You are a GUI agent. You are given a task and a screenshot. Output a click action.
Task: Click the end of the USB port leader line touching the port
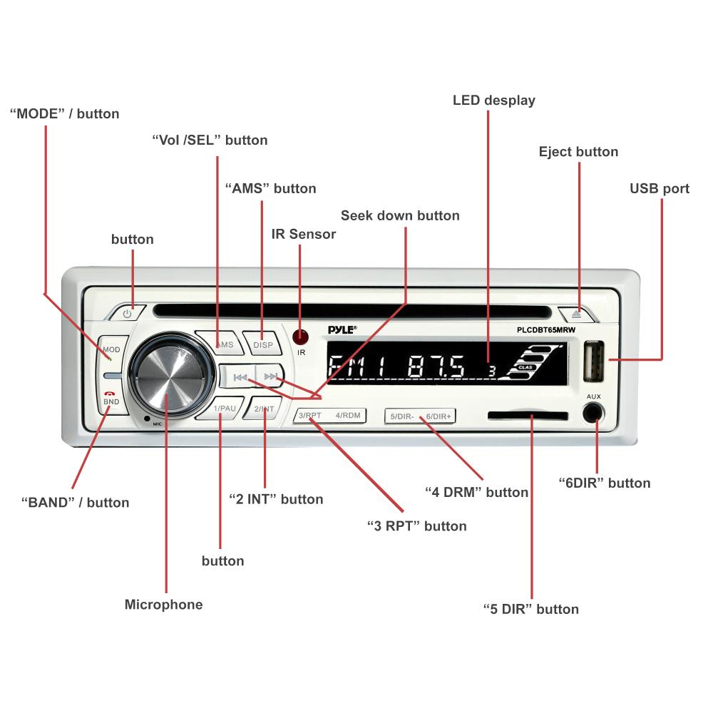(x=610, y=359)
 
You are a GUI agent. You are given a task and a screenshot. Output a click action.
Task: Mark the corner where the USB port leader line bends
(x=662, y=359)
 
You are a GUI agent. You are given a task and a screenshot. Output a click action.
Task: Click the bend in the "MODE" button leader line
(x=45, y=294)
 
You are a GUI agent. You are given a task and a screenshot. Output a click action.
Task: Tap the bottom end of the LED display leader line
(x=488, y=361)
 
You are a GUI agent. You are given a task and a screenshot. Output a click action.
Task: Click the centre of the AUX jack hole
(x=593, y=414)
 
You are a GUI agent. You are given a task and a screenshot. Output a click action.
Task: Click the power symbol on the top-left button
(x=127, y=314)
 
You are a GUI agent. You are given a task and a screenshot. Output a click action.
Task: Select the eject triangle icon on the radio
(x=577, y=313)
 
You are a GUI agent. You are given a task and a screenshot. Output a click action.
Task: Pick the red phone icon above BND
(x=110, y=394)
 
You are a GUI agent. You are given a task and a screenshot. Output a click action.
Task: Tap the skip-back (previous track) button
(x=239, y=377)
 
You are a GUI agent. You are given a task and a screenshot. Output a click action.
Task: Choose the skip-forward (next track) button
(x=270, y=376)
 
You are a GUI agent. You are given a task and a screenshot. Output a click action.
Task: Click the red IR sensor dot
(x=300, y=337)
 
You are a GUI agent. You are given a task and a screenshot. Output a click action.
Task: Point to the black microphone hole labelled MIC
(x=146, y=419)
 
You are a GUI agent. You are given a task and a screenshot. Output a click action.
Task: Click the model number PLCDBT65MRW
(x=545, y=330)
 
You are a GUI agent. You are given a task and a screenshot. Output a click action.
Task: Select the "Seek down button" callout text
(x=400, y=215)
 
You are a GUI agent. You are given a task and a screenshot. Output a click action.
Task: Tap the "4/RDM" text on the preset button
(x=348, y=415)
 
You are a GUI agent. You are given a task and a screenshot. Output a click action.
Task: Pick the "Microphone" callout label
(x=164, y=605)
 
